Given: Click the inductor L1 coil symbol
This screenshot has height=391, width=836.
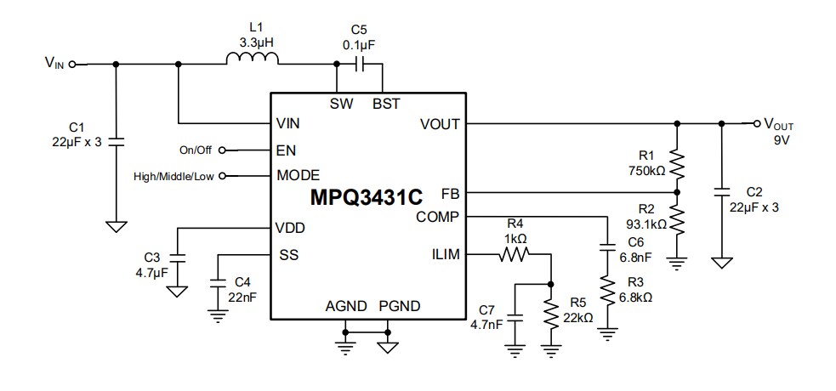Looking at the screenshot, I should tap(253, 59).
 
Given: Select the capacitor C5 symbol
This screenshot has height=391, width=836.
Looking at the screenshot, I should tap(361, 65).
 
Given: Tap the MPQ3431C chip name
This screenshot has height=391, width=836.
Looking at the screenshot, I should tap(366, 198).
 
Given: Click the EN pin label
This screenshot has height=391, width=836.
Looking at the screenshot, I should tap(286, 150).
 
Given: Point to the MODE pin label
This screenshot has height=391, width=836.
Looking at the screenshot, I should tap(298, 176).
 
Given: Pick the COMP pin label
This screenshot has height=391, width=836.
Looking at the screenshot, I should tap(438, 218).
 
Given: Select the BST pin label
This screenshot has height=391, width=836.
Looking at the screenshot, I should tap(386, 104).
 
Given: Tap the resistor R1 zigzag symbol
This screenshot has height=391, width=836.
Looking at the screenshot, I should tap(677, 162).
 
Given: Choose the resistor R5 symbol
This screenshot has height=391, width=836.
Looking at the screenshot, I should tap(552, 314).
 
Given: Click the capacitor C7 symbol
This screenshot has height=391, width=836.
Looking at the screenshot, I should tap(514, 311).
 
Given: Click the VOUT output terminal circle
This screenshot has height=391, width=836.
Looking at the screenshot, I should tap(756, 123).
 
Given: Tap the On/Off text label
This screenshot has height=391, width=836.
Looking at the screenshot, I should tap(195, 150).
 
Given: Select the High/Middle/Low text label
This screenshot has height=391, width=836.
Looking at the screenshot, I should tap(174, 176).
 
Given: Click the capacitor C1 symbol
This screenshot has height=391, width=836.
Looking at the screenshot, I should tap(117, 139).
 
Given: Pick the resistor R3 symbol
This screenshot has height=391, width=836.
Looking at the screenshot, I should tap(607, 292).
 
